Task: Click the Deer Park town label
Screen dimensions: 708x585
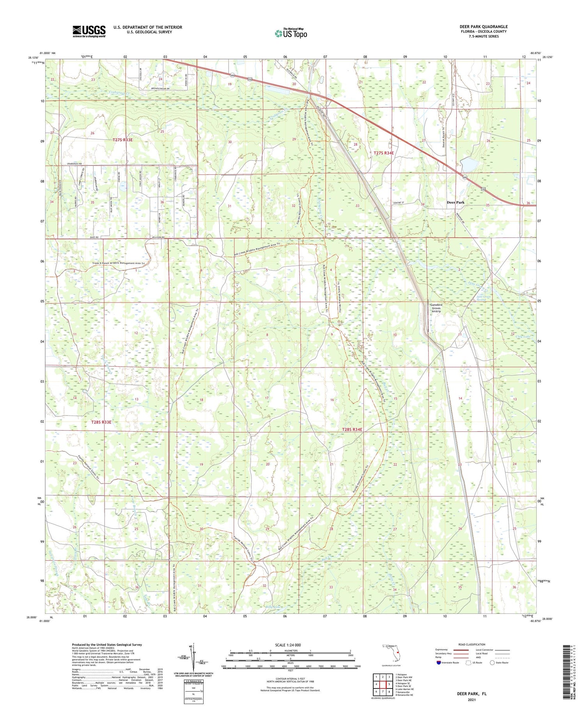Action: [455, 203]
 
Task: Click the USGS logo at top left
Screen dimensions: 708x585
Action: [89, 31]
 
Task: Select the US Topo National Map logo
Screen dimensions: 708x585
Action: [291, 34]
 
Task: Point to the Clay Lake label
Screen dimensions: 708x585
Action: [523, 337]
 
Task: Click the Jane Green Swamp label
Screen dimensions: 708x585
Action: [485, 298]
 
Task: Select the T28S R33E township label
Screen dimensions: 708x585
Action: [101, 422]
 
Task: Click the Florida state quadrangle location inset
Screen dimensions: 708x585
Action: [392, 651]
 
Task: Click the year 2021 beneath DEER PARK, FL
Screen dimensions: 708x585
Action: [472, 699]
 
